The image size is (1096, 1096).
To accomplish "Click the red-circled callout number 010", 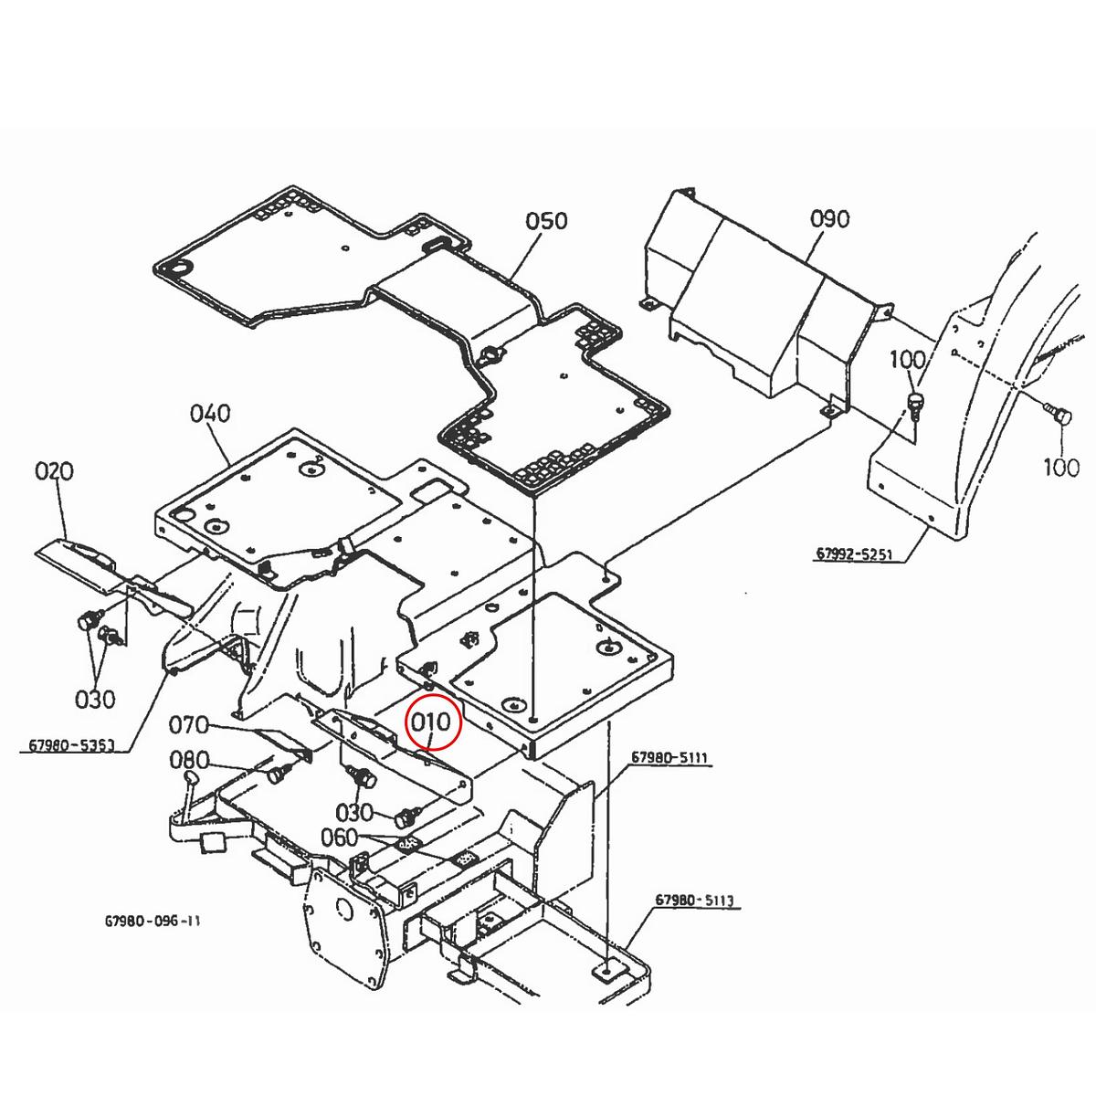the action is tap(430, 722).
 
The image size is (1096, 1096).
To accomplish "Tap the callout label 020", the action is tap(54, 471).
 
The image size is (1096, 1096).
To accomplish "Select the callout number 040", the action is tap(210, 414).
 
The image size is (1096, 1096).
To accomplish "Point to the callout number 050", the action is tap(546, 221).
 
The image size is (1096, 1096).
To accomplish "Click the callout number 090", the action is tap(830, 218).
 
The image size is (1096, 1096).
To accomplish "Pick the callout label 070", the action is tap(189, 725).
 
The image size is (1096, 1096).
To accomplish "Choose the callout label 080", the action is tap(189, 759).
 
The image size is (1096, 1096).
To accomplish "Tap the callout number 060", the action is tap(339, 838).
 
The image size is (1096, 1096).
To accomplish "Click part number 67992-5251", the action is tap(854, 553).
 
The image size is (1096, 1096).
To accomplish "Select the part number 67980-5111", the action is tap(669, 757).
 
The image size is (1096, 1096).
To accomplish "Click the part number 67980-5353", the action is tap(71, 744).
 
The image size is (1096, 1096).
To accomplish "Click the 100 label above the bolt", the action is tap(908, 360).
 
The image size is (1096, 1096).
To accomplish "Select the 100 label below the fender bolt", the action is tap(1061, 468).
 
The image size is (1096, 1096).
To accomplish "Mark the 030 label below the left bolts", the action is tap(95, 699).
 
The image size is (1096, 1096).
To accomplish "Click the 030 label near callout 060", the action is tap(353, 812).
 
